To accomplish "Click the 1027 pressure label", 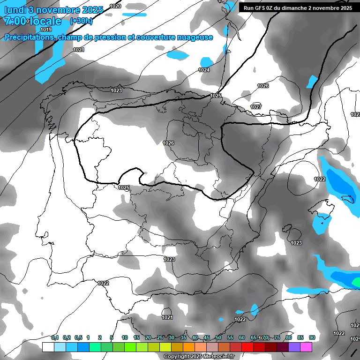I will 255,107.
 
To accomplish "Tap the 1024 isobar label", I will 204,70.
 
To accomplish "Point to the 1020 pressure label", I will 115,6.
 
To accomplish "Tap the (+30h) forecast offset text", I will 81,21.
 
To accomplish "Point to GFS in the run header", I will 259,8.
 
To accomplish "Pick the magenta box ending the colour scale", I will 306,347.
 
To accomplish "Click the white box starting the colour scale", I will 48,347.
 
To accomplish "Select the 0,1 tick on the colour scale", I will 55,337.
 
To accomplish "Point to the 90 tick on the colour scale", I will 312,337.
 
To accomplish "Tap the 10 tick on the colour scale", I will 125,337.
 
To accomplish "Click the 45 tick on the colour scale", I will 207,337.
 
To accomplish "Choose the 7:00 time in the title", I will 17,21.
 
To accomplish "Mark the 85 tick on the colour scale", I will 300,337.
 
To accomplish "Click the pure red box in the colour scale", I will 247,347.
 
